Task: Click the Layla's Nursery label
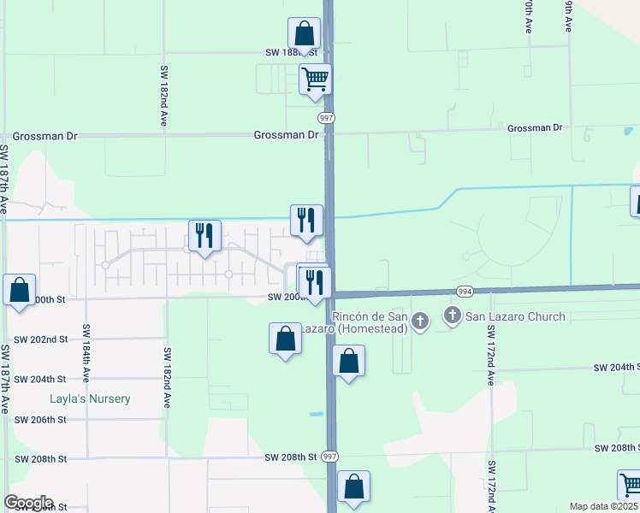(x=89, y=399)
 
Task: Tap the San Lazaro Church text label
(x=515, y=317)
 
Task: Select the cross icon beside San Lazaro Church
(x=453, y=317)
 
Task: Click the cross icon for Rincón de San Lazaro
(x=419, y=321)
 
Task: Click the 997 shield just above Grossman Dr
(x=326, y=117)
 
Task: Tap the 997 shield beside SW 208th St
(x=330, y=457)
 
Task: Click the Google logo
(x=28, y=503)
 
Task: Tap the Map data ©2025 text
(x=604, y=506)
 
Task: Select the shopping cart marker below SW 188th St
(x=316, y=80)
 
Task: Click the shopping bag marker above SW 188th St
(x=304, y=34)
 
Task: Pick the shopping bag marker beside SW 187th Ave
(x=20, y=290)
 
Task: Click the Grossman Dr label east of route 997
(x=535, y=128)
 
